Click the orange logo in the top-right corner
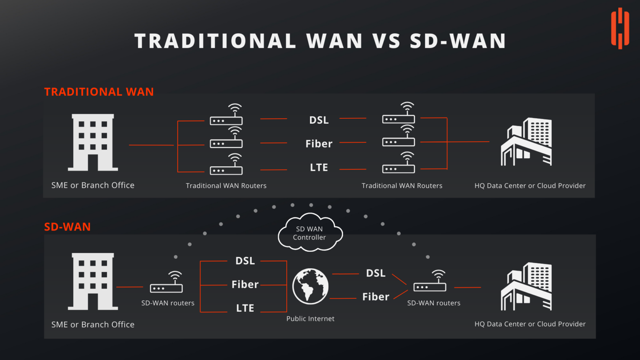click(620, 28)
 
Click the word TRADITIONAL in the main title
click(215, 41)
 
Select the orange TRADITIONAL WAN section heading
click(99, 92)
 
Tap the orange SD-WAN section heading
click(67, 227)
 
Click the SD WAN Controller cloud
click(310, 233)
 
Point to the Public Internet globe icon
click(310, 286)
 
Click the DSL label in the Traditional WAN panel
click(319, 120)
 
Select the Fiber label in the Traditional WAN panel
click(319, 144)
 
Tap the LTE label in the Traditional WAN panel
click(319, 167)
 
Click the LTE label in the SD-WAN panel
click(245, 308)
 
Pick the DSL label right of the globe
click(375, 273)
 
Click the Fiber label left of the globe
click(245, 285)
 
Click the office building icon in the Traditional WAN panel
click(93, 142)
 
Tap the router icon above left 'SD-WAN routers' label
click(167, 283)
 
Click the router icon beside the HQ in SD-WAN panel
click(430, 282)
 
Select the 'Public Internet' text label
click(310, 319)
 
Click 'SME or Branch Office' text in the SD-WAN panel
click(92, 325)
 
